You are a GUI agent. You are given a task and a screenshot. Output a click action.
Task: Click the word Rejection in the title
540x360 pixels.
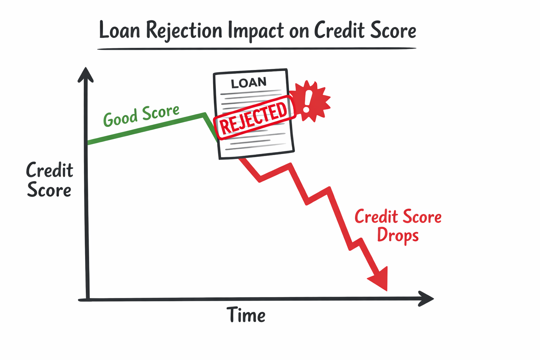click(184, 31)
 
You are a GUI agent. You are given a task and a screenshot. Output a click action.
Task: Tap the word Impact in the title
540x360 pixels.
click(256, 31)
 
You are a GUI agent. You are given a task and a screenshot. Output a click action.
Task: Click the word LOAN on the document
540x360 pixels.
click(249, 83)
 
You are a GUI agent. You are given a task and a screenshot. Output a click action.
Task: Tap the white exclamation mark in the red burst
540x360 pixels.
click(308, 101)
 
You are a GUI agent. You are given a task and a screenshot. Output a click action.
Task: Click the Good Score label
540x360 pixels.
click(141, 116)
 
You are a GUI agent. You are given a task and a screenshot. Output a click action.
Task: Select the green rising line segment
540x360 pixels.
click(146, 128)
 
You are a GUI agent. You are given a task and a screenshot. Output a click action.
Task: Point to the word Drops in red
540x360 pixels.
click(398, 235)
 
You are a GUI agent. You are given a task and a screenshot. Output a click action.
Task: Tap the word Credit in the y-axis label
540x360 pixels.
click(50, 171)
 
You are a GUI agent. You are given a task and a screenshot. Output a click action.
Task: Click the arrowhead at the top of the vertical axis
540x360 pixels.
click(85, 75)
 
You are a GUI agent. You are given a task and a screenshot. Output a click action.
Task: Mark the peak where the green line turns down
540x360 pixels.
click(204, 114)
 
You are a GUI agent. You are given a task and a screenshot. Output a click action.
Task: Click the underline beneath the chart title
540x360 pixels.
click(257, 49)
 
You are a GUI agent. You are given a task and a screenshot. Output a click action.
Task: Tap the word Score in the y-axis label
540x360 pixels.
click(49, 190)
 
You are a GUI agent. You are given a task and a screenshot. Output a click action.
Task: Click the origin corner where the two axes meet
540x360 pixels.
click(88, 299)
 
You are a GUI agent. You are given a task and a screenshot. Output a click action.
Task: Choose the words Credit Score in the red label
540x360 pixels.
click(398, 217)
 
